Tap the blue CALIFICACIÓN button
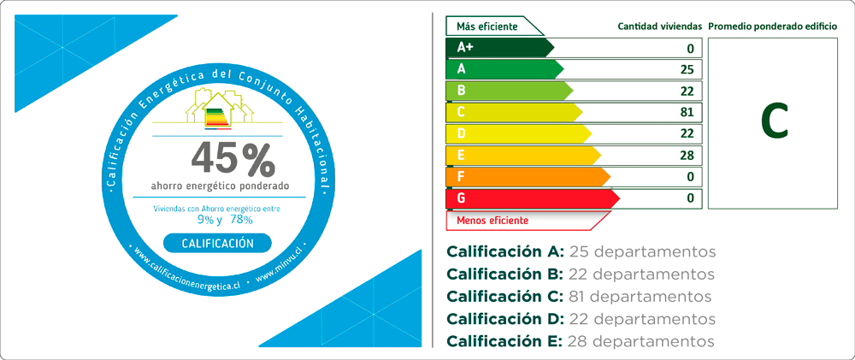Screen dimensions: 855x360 (217, 243)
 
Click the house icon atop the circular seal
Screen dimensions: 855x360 (219, 109)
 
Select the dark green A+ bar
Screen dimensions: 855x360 (500, 47)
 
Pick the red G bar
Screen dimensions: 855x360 (533, 198)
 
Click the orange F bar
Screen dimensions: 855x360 (528, 177)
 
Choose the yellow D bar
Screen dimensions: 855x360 (519, 133)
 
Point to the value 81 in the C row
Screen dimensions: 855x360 (687, 112)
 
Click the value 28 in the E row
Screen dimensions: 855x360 (687, 156)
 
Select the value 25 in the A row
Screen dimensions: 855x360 (687, 69)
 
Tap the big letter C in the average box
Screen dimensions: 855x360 (775, 123)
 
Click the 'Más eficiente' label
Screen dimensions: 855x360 (487, 27)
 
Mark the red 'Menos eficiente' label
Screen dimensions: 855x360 (492, 221)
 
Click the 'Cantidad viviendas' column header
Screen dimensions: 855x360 (659, 27)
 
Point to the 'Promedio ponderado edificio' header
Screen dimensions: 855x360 (773, 27)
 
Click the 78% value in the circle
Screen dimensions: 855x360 (241, 220)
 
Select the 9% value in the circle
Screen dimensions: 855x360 (205, 220)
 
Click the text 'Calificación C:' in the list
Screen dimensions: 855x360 (504, 297)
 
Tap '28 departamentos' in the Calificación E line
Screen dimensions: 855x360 (640, 341)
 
